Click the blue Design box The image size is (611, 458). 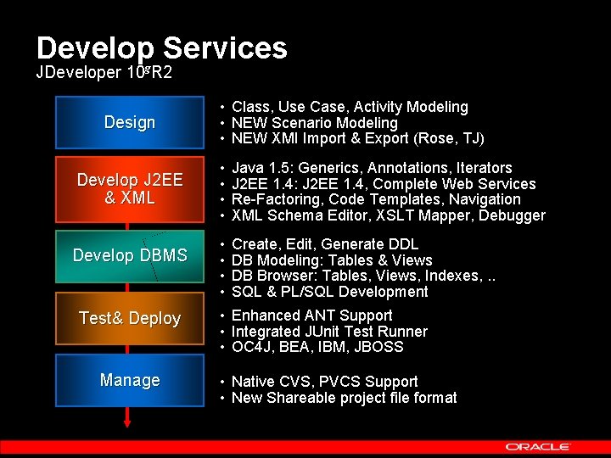pyautogui.click(x=129, y=122)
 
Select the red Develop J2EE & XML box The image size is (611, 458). pyautogui.click(x=129, y=189)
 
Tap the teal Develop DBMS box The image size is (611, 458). pyautogui.click(x=129, y=255)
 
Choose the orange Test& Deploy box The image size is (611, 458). pyautogui.click(x=129, y=318)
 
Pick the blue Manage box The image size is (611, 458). pyautogui.click(x=129, y=381)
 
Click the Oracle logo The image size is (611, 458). pyautogui.click(x=538, y=446)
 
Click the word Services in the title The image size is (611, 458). pyautogui.click(x=225, y=47)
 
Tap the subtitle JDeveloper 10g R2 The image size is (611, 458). pyautogui.click(x=104, y=72)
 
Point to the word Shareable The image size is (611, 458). pyautogui.click(x=302, y=398)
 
